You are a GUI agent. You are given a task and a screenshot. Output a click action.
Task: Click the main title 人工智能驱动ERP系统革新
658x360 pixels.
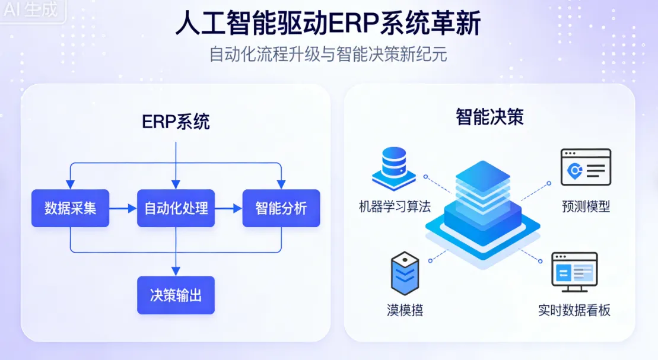pos(328,25)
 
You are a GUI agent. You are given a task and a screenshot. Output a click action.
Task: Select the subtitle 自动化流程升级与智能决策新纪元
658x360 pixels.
pos(328,55)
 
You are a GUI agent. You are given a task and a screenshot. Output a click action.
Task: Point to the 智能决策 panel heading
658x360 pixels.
pos(489,117)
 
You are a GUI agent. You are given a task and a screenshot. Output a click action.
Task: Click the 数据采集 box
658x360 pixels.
pos(70,208)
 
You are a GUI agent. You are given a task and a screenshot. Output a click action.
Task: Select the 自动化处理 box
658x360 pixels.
pos(176,208)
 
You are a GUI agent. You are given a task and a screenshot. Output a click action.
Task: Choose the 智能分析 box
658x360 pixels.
pos(281,208)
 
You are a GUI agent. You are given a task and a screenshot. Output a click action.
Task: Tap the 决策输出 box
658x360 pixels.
pos(176,295)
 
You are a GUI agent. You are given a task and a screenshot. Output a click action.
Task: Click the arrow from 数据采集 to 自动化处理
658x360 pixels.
pos(123,208)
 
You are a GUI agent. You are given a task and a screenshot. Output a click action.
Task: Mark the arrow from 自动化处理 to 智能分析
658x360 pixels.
pos(228,208)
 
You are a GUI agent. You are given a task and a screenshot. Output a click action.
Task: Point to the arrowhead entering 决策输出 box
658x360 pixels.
pos(176,272)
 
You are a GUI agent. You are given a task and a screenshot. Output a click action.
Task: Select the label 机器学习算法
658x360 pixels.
pos(395,207)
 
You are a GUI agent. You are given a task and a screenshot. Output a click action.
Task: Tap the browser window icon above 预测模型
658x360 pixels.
pos(586,167)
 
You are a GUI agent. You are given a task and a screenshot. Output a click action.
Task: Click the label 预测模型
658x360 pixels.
pos(586,206)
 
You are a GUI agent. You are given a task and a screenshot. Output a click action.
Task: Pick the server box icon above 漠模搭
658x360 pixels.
pos(405,273)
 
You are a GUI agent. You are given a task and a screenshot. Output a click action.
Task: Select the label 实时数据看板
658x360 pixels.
pos(574,310)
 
